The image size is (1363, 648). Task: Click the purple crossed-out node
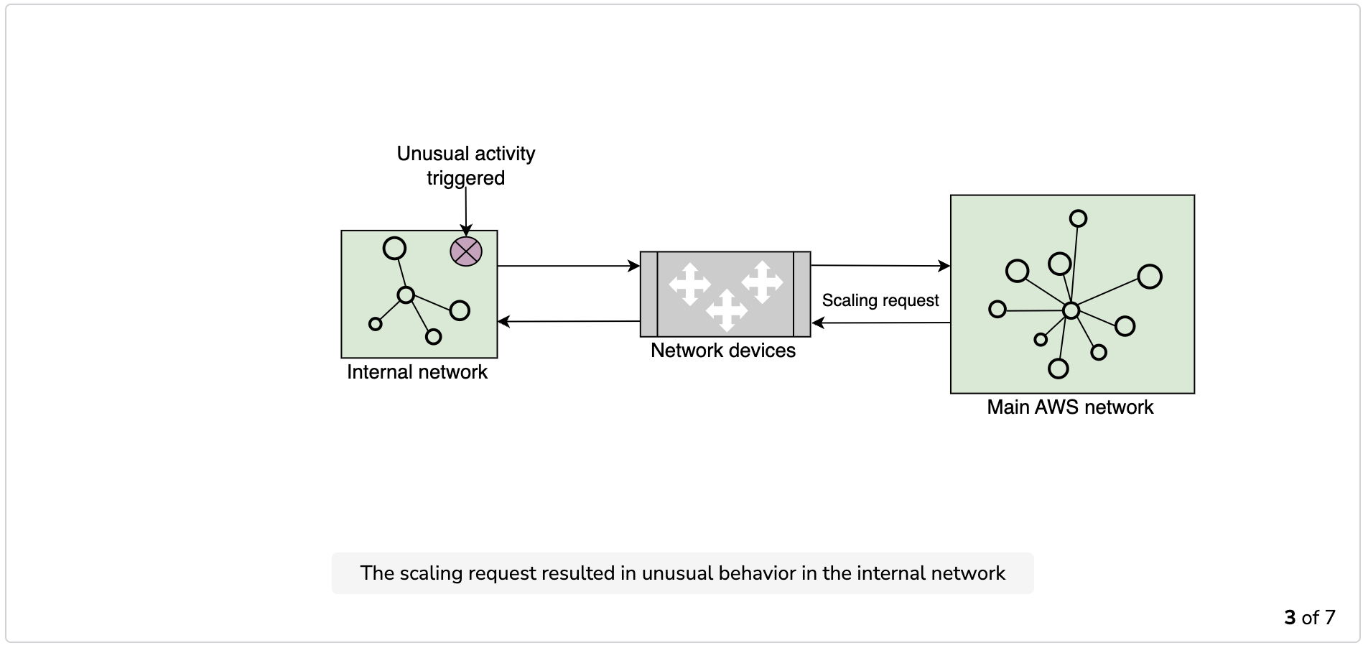(466, 251)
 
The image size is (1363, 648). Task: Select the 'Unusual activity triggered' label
(466, 166)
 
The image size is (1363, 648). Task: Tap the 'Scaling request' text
(880, 300)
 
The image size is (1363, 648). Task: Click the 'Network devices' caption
(723, 351)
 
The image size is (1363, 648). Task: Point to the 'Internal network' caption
(417, 372)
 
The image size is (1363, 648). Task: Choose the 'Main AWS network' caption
(1070, 407)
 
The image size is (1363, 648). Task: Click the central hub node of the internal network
(406, 295)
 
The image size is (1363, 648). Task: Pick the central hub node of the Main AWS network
(1071, 310)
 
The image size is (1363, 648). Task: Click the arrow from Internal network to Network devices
(568, 266)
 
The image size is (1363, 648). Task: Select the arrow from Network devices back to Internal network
(568, 321)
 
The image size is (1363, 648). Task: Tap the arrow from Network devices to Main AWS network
(880, 266)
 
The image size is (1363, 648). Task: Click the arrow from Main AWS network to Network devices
(880, 323)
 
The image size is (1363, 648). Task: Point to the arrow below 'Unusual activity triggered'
(466, 211)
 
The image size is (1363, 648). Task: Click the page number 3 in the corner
(1290, 618)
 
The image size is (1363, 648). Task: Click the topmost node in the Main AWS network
(1078, 218)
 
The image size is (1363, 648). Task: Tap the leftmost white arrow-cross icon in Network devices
(689, 284)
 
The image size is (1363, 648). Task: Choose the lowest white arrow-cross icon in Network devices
(726, 310)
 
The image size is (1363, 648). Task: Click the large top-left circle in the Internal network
(394, 249)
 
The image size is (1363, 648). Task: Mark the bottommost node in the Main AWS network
(1059, 369)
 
